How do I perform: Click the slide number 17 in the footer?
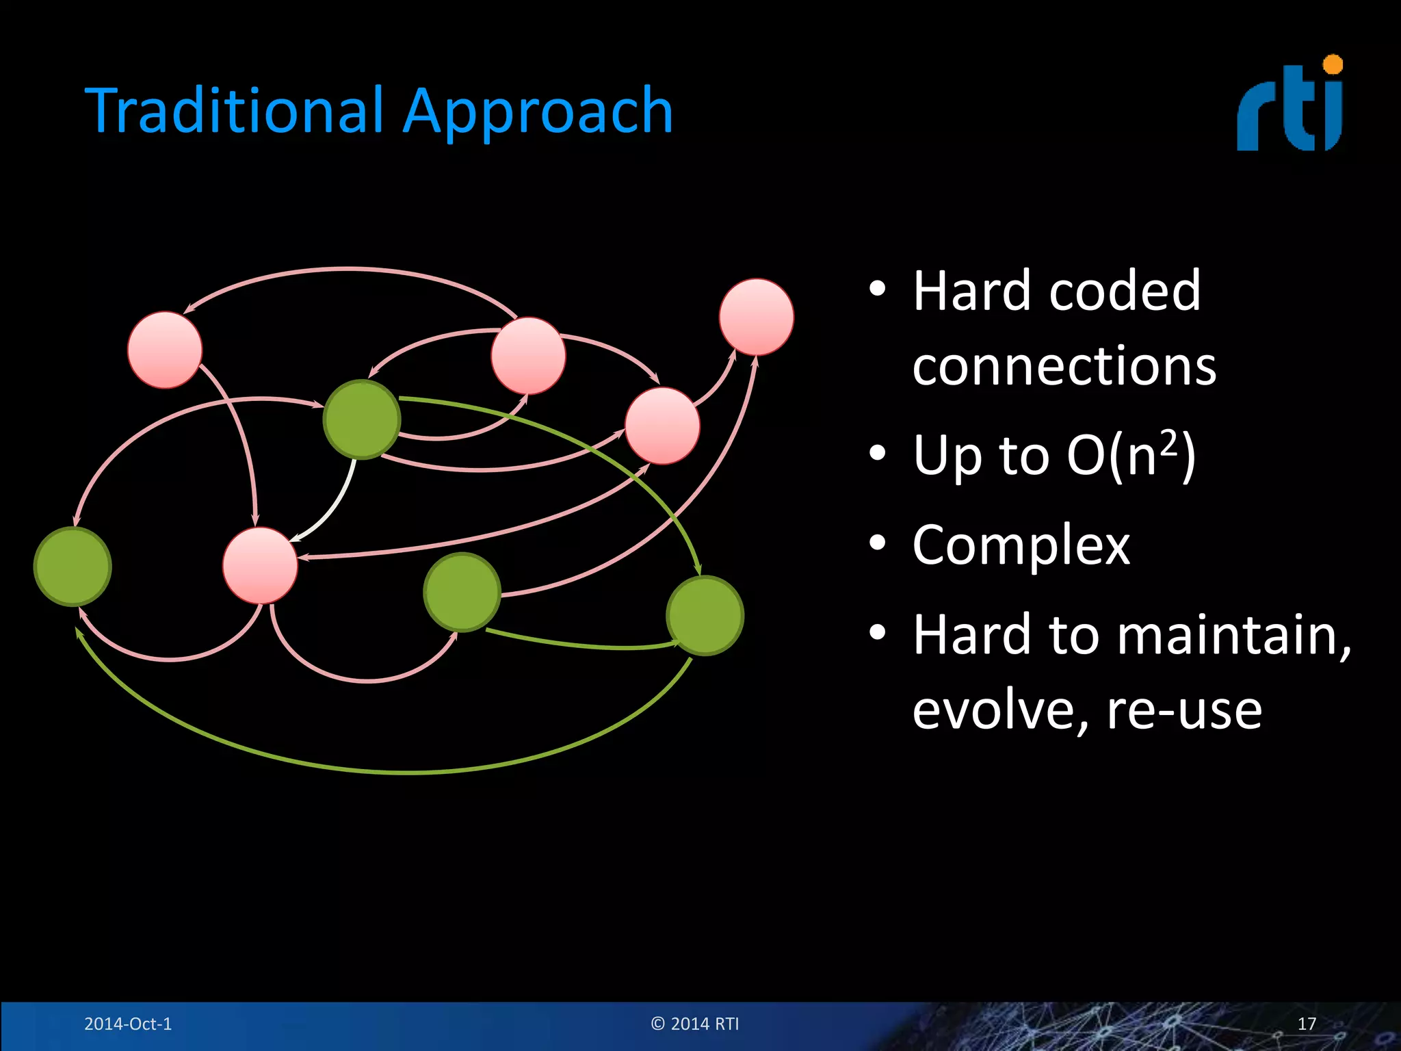point(1307,1024)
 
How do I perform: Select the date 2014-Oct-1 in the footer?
point(128,1024)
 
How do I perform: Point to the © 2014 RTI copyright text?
point(695,1024)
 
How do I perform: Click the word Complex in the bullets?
point(1021,545)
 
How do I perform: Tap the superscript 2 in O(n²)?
point(1169,443)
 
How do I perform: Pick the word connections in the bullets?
point(1064,366)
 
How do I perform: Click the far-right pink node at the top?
point(757,317)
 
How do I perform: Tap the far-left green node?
point(73,567)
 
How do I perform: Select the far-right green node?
point(705,616)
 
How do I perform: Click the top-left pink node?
point(165,350)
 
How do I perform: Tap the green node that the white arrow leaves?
point(362,419)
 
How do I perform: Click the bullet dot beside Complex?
point(878,543)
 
